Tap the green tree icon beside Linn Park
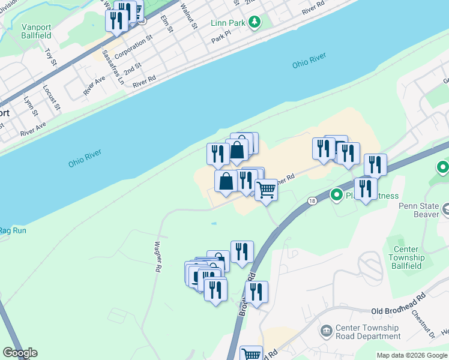[x=256, y=23]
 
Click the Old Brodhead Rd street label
[x=398, y=311]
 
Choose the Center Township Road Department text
[x=367, y=332]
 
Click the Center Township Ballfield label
[x=406, y=257]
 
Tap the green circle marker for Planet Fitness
[x=337, y=194]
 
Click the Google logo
[x=20, y=353]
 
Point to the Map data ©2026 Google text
[x=412, y=355]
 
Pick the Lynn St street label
[x=31, y=105]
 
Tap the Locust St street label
[x=52, y=97]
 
